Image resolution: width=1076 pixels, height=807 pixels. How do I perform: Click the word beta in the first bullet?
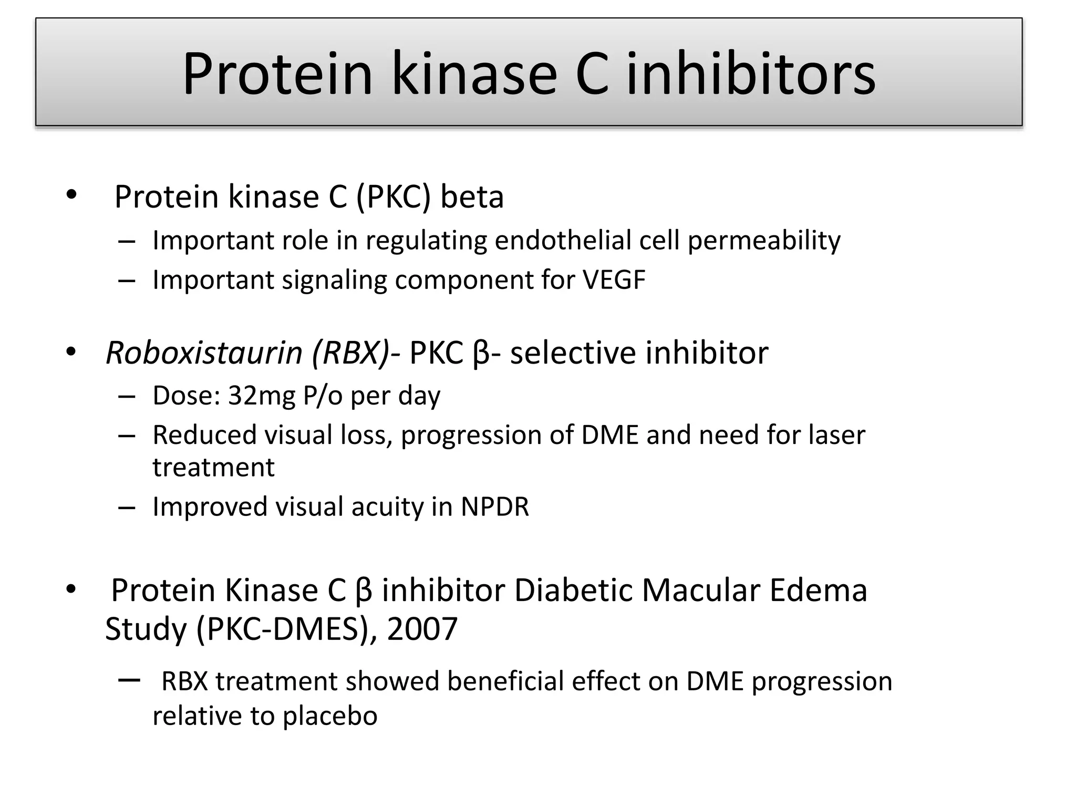472,197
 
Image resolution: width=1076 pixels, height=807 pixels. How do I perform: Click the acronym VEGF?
614,280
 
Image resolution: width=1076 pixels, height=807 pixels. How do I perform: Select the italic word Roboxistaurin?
204,353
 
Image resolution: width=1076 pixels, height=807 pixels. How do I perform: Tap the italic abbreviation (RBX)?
350,353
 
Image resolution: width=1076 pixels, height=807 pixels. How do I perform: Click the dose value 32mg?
262,396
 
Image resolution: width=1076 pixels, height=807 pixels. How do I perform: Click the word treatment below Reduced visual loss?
213,468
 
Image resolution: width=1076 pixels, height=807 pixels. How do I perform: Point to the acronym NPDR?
494,507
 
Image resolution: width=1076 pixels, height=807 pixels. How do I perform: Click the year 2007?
422,629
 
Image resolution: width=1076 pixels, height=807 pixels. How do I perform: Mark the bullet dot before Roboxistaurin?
71,353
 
